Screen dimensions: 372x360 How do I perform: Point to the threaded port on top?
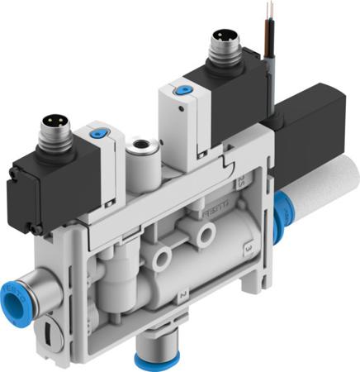pos(139,149)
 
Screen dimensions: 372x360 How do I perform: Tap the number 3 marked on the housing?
pos(248,247)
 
